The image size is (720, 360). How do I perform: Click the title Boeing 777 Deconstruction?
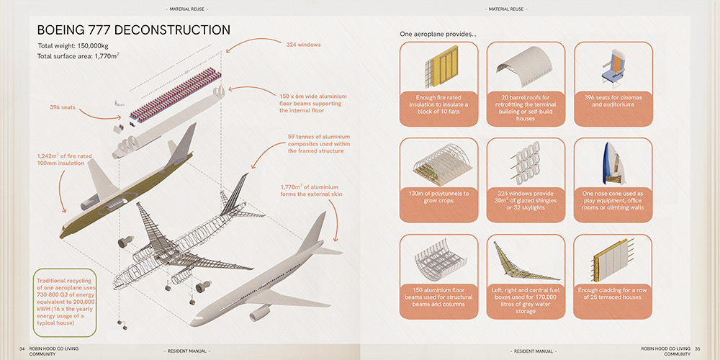tap(134, 30)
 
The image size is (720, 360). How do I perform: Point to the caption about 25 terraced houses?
tap(613, 294)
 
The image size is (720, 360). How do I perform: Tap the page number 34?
tap(22, 349)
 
